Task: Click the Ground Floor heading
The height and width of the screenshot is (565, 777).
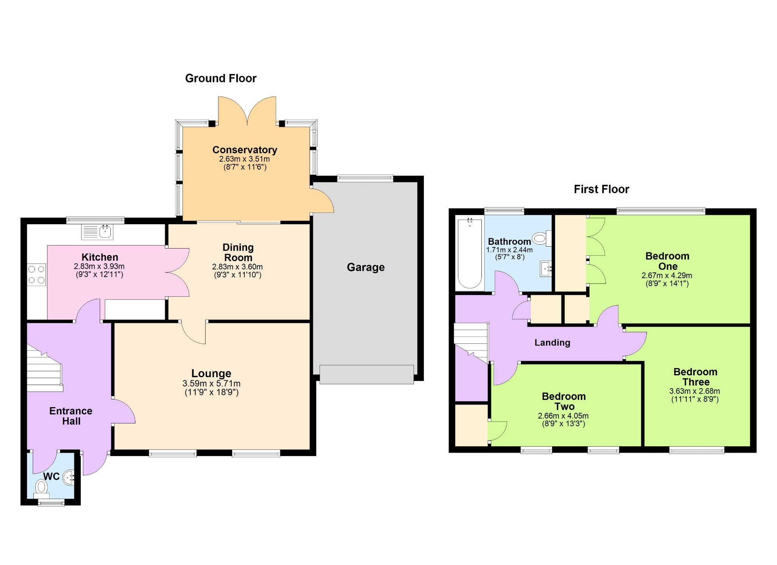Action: click(x=221, y=78)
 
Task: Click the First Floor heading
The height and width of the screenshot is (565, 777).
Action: click(x=601, y=189)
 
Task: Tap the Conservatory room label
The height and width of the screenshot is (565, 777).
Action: click(x=245, y=150)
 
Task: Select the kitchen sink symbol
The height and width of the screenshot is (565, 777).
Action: click(x=98, y=231)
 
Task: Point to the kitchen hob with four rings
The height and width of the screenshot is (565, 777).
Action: click(x=36, y=275)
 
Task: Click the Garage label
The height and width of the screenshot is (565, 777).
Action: click(x=366, y=267)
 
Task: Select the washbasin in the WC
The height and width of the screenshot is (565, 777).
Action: click(x=69, y=478)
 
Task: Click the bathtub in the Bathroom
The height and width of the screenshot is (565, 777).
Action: click(x=470, y=253)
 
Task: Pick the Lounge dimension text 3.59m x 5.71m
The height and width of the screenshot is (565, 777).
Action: click(x=211, y=384)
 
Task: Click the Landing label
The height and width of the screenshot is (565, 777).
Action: click(x=552, y=343)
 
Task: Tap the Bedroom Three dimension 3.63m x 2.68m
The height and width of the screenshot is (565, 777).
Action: click(x=695, y=391)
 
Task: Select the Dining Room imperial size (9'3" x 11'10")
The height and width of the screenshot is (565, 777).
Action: click(x=238, y=275)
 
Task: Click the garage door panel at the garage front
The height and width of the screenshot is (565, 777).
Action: click(x=366, y=375)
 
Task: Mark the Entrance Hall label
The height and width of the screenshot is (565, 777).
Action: click(x=71, y=416)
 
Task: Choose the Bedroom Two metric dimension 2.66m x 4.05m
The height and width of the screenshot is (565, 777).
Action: click(x=563, y=416)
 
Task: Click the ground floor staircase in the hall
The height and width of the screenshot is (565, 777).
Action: click(x=44, y=368)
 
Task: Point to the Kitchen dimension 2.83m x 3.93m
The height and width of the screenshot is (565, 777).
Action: click(x=99, y=266)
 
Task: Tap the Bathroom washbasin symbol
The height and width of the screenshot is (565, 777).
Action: click(x=546, y=269)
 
